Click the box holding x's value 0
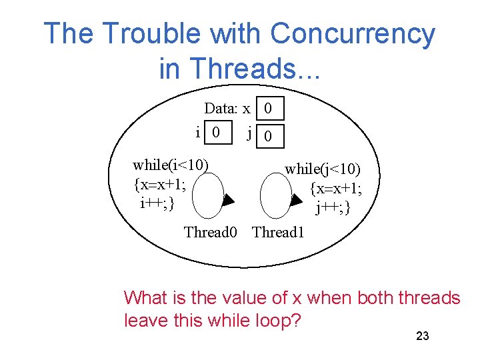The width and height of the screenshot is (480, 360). pos(268,108)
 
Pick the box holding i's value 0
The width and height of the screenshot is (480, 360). pos(215,131)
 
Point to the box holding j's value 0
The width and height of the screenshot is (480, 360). pos(268,137)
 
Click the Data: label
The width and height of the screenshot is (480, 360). pos(221,108)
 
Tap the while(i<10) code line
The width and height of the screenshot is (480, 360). pos(171,165)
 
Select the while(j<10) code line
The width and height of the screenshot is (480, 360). pos(323,170)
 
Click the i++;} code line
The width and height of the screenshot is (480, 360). pos(157,202)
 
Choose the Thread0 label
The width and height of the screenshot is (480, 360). pos(211,233)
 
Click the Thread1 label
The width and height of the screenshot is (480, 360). pos(278,233)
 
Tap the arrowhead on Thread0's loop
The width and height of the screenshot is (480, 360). pos(228,199)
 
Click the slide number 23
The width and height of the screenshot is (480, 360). pos(422,336)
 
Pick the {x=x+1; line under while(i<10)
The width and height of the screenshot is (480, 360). pos(159,183)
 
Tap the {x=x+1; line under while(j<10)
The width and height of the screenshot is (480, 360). pos(336,189)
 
